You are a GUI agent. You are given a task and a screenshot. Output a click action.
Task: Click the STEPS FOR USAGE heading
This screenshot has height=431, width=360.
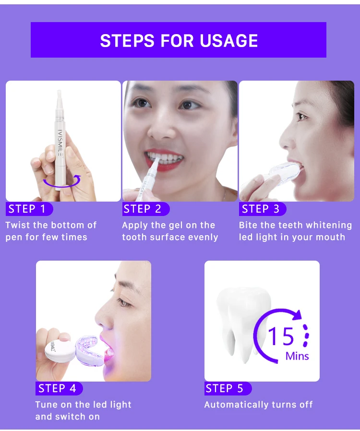pos(179,41)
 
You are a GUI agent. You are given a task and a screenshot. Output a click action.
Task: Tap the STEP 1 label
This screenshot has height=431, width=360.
pos(27,209)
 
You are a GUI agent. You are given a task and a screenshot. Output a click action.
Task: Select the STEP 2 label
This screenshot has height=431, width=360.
pos(143,209)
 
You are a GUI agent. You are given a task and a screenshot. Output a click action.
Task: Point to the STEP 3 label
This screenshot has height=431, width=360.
pos(261,209)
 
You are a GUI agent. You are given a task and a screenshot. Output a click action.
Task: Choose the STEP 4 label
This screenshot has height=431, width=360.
pos(57,388)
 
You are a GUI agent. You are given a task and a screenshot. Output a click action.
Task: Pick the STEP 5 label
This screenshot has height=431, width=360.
pos(225,388)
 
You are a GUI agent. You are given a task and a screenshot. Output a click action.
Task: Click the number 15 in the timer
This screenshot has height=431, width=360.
pos(281,336)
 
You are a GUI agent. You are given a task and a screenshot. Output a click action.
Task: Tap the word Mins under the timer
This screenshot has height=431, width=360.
pos(297,356)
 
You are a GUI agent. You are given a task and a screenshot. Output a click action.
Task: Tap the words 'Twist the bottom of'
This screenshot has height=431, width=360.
pos(51,225)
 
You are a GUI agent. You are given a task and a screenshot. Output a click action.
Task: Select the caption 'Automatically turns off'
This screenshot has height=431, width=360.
pos(258,405)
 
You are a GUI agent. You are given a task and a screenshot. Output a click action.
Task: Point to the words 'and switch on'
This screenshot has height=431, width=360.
pos(67,417)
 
